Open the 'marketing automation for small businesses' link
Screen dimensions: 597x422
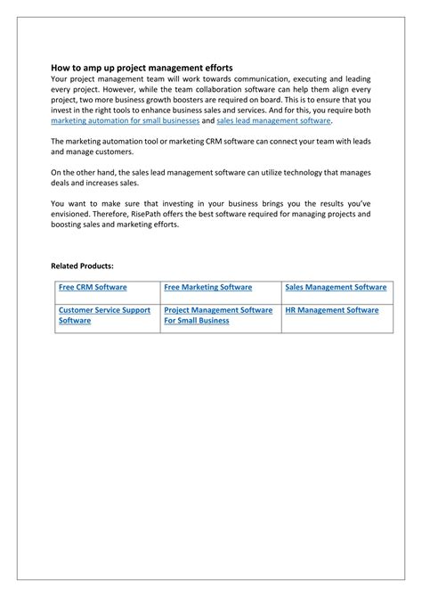(x=125, y=120)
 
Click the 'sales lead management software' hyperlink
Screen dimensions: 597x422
(x=273, y=120)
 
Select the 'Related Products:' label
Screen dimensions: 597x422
(x=82, y=266)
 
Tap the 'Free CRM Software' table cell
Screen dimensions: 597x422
(x=93, y=288)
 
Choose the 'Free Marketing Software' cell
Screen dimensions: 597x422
(x=208, y=288)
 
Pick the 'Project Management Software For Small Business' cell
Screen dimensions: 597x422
(x=218, y=315)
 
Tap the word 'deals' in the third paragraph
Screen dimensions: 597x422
(x=61, y=183)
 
